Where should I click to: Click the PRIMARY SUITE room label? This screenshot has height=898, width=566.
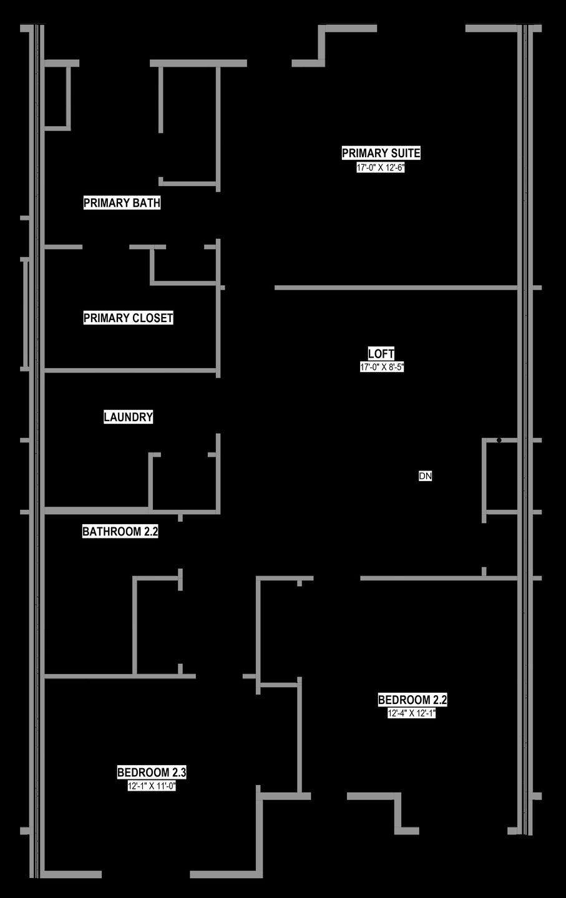381,153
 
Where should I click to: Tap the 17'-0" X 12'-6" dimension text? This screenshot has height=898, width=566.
381,168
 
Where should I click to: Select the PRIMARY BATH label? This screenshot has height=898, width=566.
122,203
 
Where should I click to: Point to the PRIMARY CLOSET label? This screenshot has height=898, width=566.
129,318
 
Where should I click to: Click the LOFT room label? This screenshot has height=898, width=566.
381,354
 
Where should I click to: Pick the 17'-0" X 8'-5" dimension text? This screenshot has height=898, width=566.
382,367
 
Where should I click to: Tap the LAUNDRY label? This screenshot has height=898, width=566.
129,417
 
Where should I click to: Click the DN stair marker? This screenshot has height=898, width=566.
426,476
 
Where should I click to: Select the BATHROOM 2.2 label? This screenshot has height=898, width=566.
120,532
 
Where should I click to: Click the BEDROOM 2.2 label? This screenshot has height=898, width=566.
412,700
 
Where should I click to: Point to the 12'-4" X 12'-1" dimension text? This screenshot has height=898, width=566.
412,713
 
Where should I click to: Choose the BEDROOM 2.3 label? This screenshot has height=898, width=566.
152,772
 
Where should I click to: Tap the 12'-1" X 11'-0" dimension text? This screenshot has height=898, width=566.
152,786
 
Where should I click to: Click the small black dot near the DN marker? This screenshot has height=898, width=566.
499,440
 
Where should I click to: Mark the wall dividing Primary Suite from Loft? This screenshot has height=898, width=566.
396,288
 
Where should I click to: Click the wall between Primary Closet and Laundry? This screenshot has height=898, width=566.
130,371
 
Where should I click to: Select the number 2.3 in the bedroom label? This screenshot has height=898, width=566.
179,772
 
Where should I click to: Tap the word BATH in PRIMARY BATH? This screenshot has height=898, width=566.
147,203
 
